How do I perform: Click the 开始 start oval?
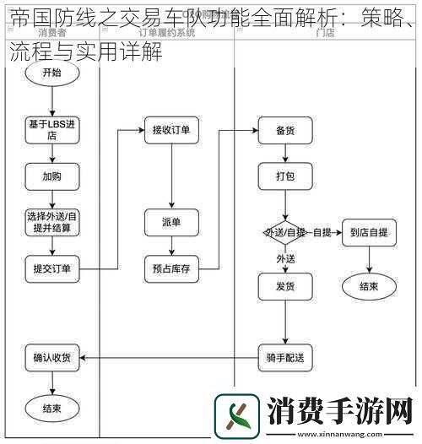(52, 73)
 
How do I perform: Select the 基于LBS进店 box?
(52, 130)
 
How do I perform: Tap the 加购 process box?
(52, 177)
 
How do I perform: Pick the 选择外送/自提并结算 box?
(52, 222)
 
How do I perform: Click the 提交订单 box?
(52, 270)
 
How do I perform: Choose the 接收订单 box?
(171, 130)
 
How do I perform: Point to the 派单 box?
(171, 222)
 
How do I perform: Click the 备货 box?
(284, 130)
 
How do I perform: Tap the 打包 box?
(284, 177)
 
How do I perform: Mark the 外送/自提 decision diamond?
(284, 232)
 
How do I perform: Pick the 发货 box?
(284, 286)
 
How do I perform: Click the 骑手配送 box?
(284, 358)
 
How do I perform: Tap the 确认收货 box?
(52, 358)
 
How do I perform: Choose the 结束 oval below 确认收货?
(52, 409)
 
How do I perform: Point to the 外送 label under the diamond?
(285, 257)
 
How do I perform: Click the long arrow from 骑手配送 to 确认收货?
(169, 358)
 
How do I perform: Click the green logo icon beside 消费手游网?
(237, 416)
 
